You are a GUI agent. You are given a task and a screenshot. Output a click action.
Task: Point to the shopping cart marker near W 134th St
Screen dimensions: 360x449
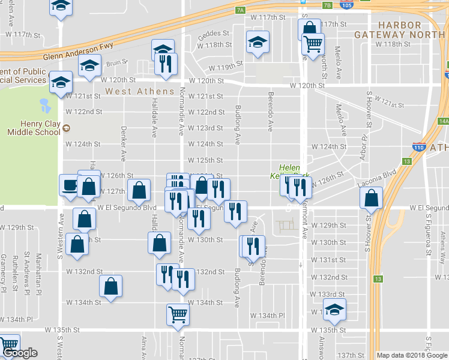pos(178,314)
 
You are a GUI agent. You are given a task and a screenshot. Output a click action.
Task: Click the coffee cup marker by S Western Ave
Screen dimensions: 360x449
pos(69,186)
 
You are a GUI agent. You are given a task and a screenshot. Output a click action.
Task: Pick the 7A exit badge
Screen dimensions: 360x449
pos(241,10)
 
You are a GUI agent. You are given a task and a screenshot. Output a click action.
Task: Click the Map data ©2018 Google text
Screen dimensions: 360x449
pos(412,355)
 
